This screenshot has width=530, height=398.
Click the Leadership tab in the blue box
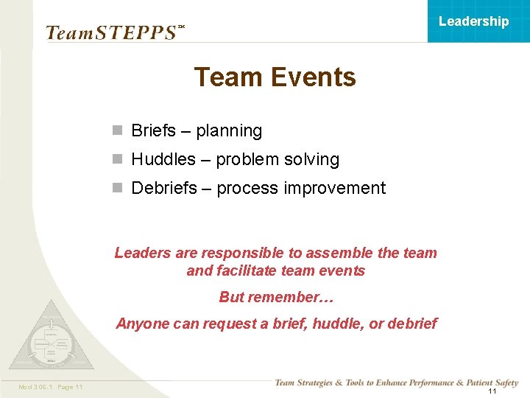click(x=473, y=21)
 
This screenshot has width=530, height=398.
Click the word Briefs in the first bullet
click(x=153, y=131)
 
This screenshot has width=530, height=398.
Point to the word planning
click(x=229, y=131)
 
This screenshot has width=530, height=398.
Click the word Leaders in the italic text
click(x=142, y=254)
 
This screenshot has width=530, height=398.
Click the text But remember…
click(x=276, y=298)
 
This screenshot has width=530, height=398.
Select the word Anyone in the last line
click(x=141, y=324)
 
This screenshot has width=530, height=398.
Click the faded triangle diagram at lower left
click(x=51, y=335)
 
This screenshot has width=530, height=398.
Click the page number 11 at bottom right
click(x=492, y=391)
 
